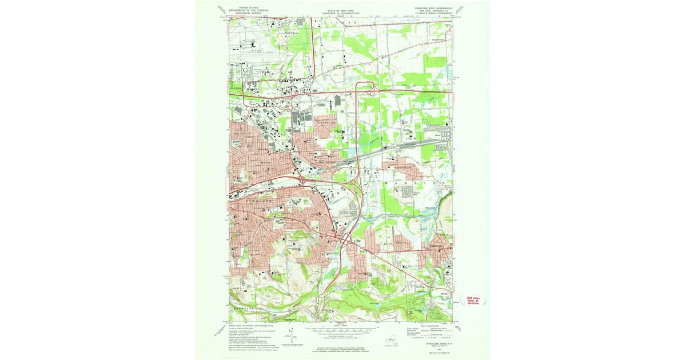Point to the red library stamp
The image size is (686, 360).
pos(473,299)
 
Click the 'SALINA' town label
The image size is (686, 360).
pos(237,89)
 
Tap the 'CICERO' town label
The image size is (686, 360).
pos(341,22)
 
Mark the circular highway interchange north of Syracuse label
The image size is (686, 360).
pos(301,180)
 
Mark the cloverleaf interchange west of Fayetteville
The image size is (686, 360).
pos(345,241)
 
